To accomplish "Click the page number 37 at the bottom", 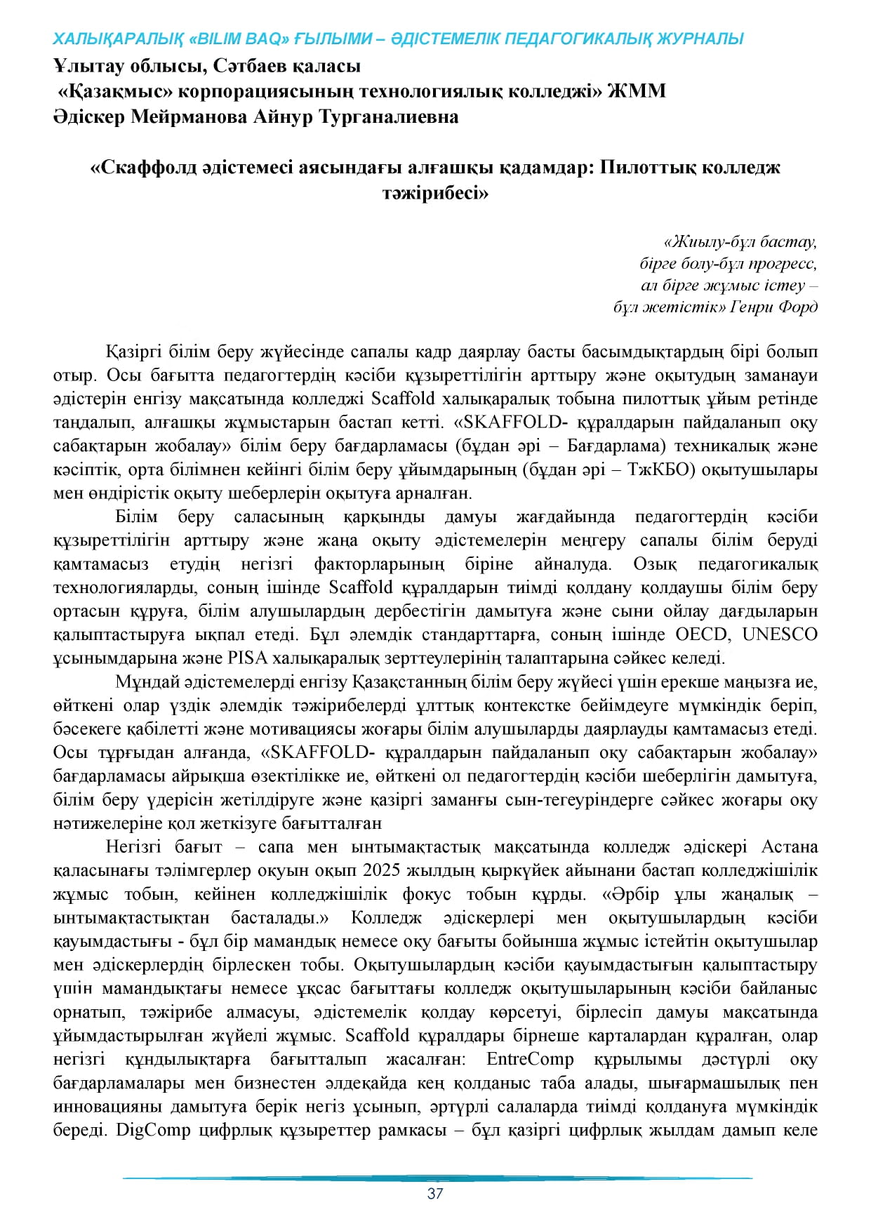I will point(435,1193).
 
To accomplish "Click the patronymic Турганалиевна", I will point(389,117).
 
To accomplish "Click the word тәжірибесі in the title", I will point(435,193).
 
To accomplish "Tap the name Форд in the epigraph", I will point(798,307).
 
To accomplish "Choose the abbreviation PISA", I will point(244,658).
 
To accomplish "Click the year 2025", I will point(381,870).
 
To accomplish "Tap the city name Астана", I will point(790,847).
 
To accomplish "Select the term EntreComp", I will point(530,1059).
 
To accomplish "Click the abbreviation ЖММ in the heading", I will point(637,91).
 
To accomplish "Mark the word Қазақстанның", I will point(410,682).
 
